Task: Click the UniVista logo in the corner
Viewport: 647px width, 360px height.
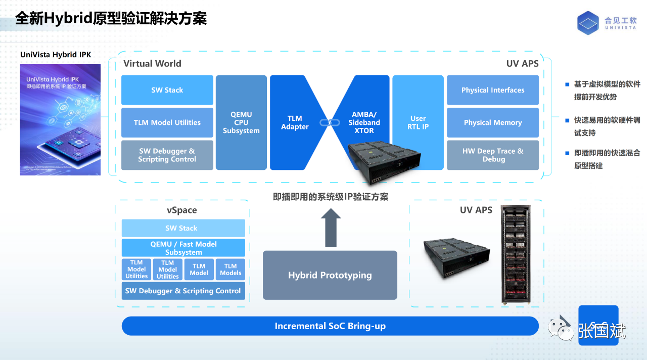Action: (588, 23)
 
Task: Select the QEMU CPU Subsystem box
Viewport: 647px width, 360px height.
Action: (241, 122)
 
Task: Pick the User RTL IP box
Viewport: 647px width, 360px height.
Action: (418, 122)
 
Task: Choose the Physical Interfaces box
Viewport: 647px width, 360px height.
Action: (493, 90)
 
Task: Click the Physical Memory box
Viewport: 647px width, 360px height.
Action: (493, 122)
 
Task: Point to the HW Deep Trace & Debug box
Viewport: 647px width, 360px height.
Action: (493, 155)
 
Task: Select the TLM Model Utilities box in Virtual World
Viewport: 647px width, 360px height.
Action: (167, 122)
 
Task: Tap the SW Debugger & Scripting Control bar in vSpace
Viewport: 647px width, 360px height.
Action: (183, 291)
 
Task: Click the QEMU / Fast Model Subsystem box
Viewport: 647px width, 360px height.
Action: (183, 248)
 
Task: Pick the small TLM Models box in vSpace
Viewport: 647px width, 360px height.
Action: (230, 269)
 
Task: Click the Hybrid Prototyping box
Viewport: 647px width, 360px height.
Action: (330, 275)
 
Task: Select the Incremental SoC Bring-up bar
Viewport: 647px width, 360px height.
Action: (330, 326)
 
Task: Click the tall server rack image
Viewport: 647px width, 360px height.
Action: (516, 254)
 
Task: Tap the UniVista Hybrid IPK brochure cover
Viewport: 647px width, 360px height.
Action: (60, 119)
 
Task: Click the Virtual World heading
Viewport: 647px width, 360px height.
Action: (152, 64)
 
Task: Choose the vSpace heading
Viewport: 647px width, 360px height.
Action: (181, 210)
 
